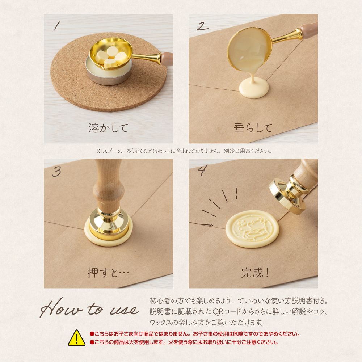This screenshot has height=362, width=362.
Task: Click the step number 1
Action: (57, 26)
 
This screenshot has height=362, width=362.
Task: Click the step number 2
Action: (202, 26)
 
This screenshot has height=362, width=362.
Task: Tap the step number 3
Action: (56, 172)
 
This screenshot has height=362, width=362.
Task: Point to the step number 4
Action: (202, 170)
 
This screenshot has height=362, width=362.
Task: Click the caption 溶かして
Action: (108, 128)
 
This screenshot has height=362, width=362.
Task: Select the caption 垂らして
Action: (253, 128)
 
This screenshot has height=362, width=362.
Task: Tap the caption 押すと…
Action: (108, 273)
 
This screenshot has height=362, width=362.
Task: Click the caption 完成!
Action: (255, 273)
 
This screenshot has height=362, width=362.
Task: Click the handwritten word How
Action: (61, 308)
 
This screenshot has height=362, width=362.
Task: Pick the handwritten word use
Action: (124, 310)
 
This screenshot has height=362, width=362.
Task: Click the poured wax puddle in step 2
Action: (254, 88)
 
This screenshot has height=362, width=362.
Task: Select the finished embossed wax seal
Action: (252, 228)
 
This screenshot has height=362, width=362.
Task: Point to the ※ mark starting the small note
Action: (99, 151)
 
